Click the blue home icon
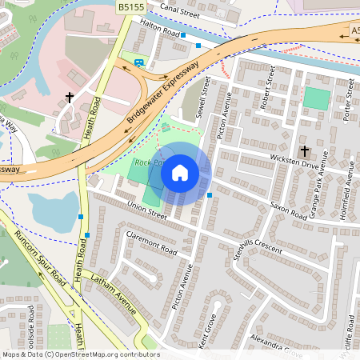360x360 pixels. [x=180, y=172]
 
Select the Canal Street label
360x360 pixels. [x=179, y=12]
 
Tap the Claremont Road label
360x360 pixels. [x=151, y=243]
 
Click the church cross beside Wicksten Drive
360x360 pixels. [x=304, y=151]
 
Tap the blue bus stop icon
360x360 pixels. [x=140, y=62]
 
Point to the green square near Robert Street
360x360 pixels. [x=316, y=99]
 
